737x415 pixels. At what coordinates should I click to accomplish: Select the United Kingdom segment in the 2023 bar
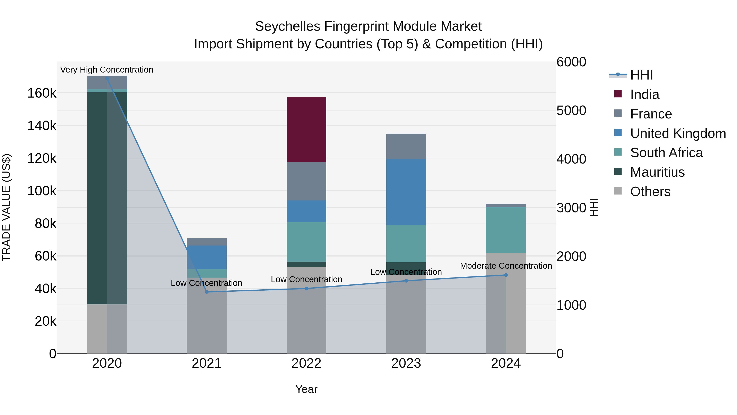pyautogui.click(x=406, y=192)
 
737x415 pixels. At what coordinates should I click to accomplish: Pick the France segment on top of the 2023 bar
pyautogui.click(x=406, y=146)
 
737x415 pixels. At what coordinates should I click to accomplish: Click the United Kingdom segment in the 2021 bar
pyautogui.click(x=207, y=257)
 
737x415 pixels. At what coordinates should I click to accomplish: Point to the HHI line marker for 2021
pyautogui.click(x=207, y=292)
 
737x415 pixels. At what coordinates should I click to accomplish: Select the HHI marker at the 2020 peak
pyautogui.click(x=107, y=78)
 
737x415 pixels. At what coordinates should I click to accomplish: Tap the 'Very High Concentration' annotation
pyautogui.click(x=107, y=70)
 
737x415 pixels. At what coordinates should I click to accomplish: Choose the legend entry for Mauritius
pyautogui.click(x=657, y=172)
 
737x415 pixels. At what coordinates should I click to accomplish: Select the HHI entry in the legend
pyautogui.click(x=641, y=75)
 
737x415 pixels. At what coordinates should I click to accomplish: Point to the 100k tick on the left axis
pyautogui.click(x=42, y=191)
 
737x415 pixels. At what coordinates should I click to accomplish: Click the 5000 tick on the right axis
pyautogui.click(x=571, y=110)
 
